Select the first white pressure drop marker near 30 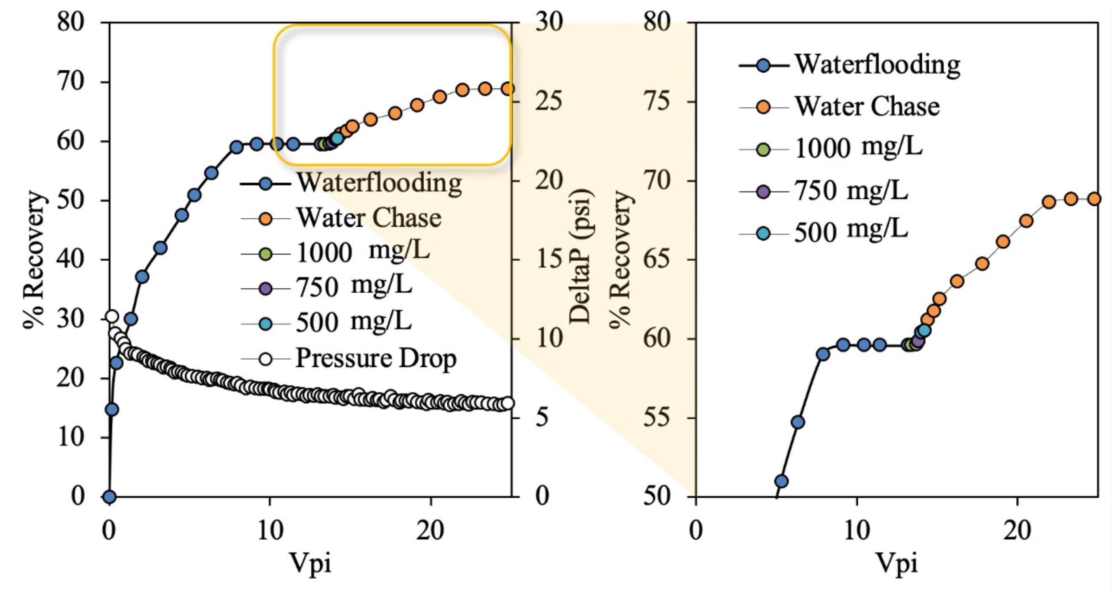(112, 316)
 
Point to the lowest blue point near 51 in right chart (781, 481)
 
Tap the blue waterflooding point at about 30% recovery (131, 319)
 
